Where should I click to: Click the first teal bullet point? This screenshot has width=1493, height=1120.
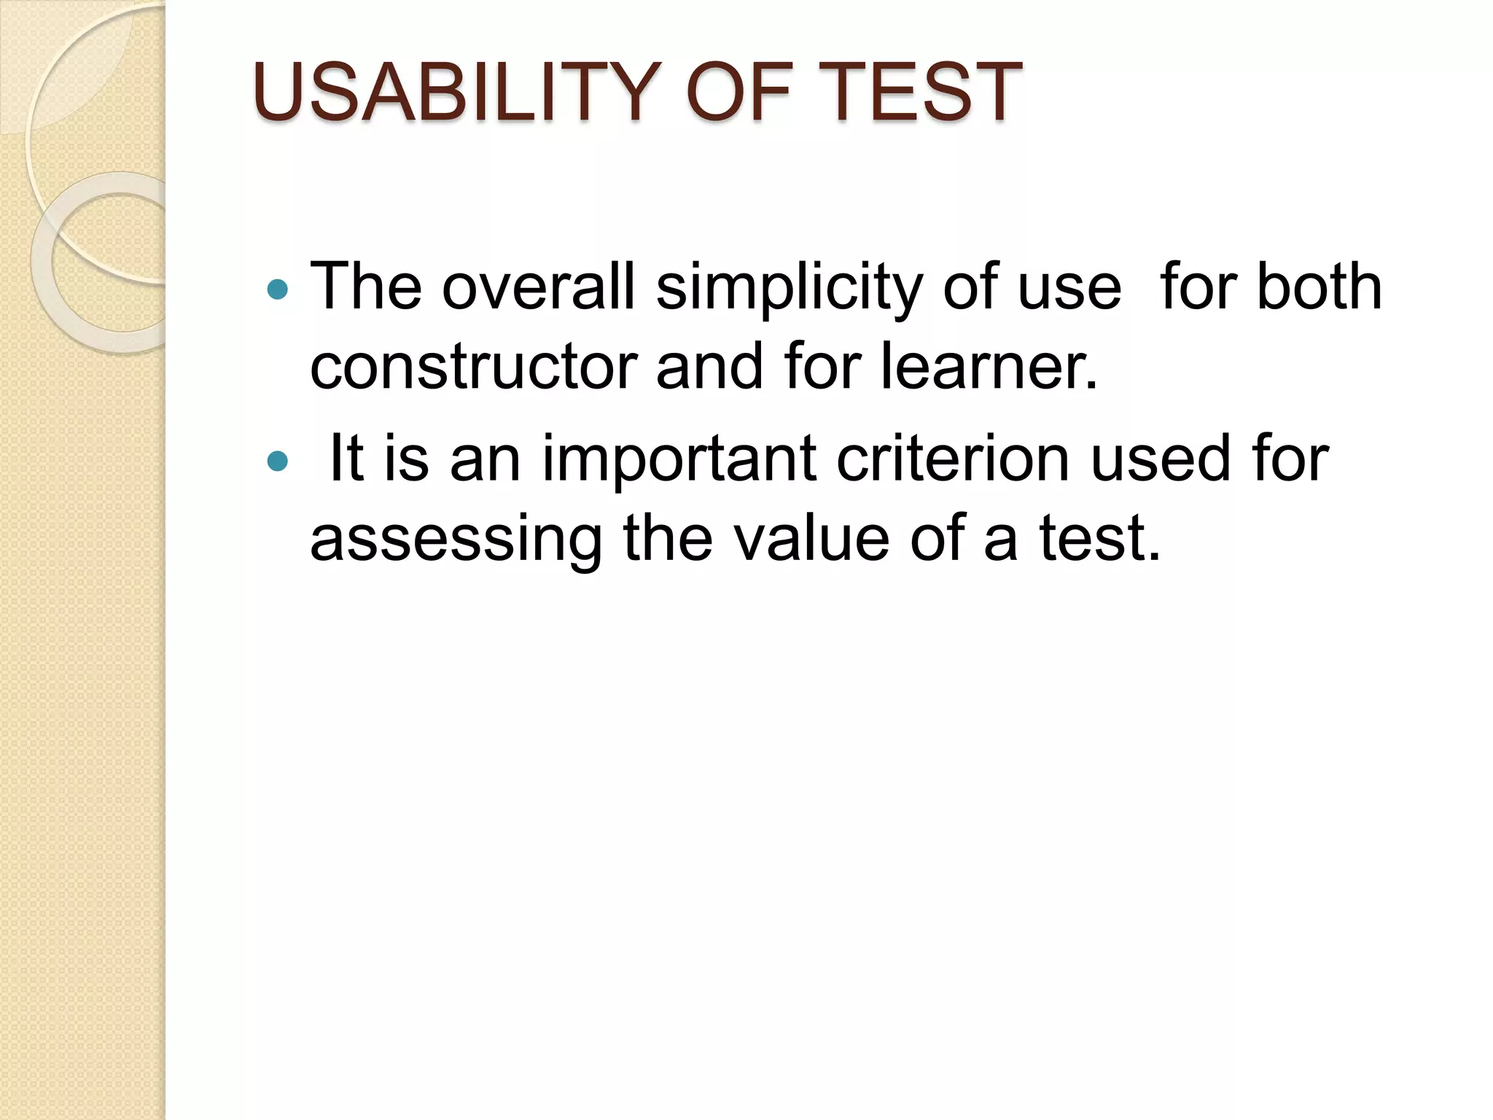[277, 290]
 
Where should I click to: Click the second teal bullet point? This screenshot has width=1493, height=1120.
[277, 462]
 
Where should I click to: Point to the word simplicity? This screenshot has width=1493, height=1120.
[790, 289]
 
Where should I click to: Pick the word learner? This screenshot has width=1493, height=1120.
[989, 367]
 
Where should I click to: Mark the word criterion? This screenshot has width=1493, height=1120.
[952, 459]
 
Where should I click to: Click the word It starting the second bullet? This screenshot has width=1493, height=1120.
[346, 459]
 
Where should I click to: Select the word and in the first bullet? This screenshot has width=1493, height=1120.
[710, 367]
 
